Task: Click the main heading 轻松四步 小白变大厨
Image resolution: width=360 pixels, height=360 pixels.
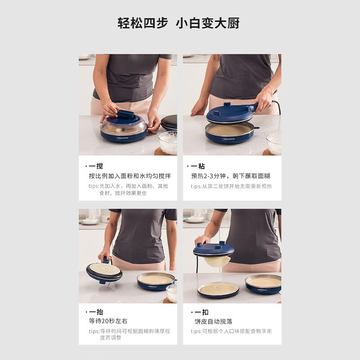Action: coord(179,23)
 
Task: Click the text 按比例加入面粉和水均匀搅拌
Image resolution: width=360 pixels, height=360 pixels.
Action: coord(130,176)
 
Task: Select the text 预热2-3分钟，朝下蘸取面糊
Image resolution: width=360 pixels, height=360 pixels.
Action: coord(230,176)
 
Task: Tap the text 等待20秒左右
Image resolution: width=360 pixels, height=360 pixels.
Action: coord(108,321)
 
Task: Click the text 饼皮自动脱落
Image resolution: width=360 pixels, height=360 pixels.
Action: coord(213,321)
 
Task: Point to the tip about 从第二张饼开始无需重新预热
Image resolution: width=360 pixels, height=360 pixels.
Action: coord(231,186)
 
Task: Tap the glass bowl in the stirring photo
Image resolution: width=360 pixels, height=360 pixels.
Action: coord(168,142)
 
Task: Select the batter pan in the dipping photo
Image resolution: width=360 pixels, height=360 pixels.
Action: coord(230,133)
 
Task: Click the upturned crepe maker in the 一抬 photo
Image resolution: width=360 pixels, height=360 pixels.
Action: coord(104,272)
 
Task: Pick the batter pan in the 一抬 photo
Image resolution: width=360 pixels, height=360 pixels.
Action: coord(156,281)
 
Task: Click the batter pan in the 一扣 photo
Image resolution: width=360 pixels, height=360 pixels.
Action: coord(263,283)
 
